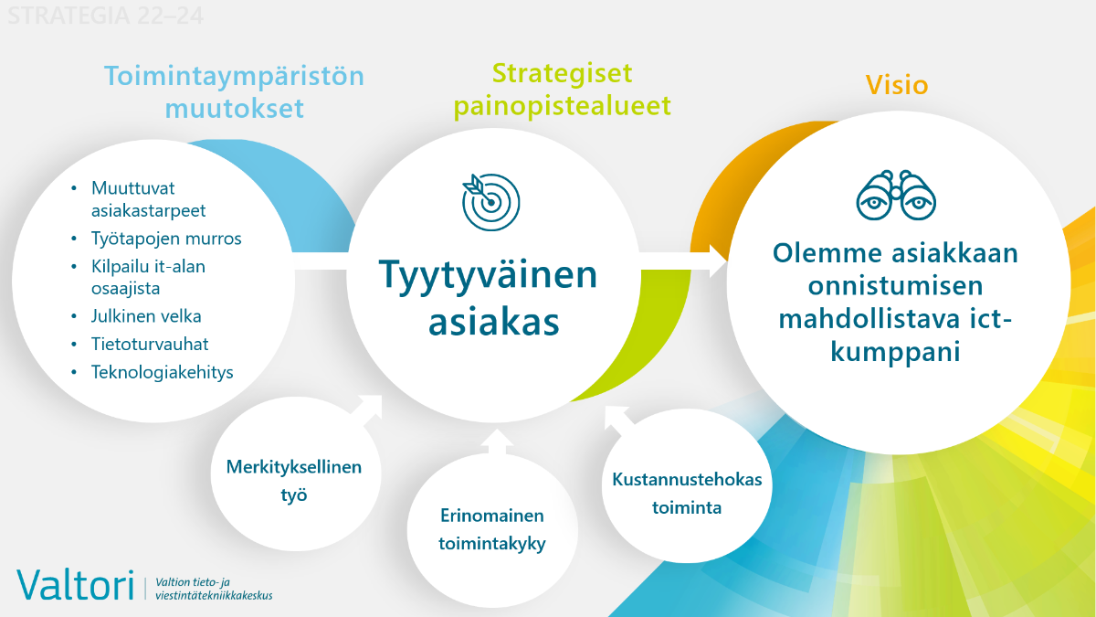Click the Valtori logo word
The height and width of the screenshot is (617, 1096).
[x=75, y=584]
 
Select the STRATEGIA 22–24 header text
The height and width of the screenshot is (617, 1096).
[x=104, y=16]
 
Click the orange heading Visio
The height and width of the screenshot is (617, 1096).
[x=896, y=86]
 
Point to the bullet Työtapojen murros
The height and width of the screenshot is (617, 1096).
[x=166, y=239]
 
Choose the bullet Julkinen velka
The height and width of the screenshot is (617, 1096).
[x=146, y=316]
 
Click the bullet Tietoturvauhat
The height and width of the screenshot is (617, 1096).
[x=150, y=344]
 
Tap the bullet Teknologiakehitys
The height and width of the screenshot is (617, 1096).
[x=162, y=372]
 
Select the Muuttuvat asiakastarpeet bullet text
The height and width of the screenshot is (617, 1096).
[x=148, y=199]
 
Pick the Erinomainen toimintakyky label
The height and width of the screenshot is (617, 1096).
[x=491, y=530]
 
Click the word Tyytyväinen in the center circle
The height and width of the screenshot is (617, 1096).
[x=488, y=275]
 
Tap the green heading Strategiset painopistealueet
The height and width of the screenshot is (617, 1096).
[x=562, y=89]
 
